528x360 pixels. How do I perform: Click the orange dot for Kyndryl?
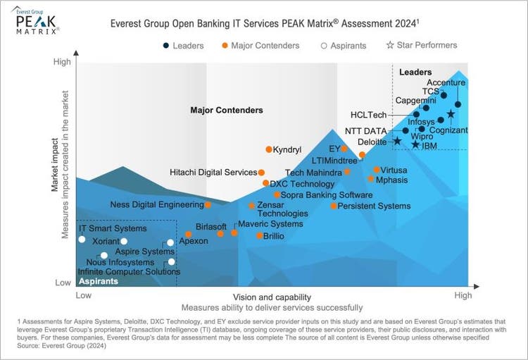click(x=269, y=149)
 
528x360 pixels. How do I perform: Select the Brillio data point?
click(x=260, y=236)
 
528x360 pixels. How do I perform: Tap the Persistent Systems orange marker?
click(x=334, y=206)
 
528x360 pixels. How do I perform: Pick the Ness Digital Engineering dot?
click(x=208, y=205)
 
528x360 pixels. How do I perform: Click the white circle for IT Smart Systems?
click(x=82, y=240)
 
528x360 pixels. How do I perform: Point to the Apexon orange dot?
click(x=188, y=235)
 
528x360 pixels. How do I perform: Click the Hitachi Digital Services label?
click(x=213, y=173)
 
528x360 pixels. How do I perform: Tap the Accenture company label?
click(x=446, y=82)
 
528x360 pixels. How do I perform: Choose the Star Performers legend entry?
click(x=422, y=45)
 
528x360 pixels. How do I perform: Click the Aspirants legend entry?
click(x=344, y=46)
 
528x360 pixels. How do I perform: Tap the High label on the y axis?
click(x=62, y=62)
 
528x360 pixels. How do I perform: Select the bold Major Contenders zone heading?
click(x=227, y=111)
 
